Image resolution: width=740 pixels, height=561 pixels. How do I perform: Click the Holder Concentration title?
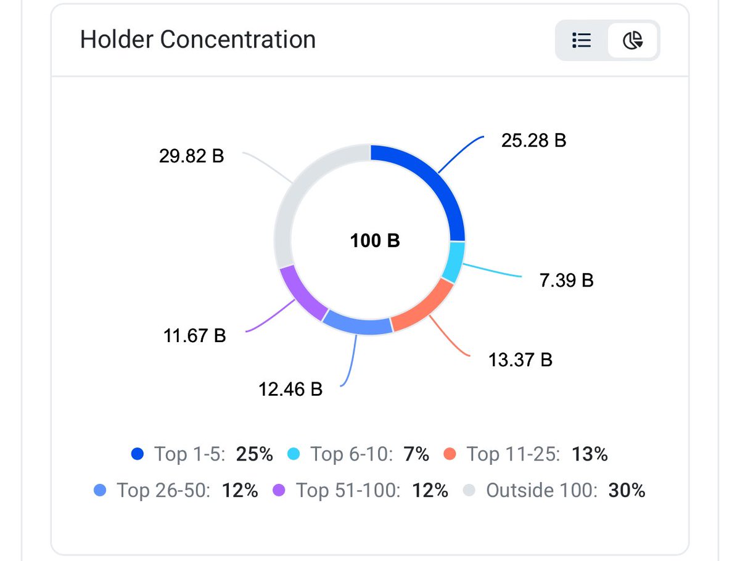(x=197, y=39)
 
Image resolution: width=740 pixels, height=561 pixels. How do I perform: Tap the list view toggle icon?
(x=582, y=40)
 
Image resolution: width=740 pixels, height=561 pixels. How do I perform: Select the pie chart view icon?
(x=633, y=40)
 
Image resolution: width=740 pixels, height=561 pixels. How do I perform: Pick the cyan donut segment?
(x=454, y=261)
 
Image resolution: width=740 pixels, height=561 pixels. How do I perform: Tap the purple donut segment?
(x=300, y=295)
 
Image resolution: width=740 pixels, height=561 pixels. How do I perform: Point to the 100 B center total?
(x=375, y=240)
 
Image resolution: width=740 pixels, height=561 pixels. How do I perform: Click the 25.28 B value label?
(x=533, y=141)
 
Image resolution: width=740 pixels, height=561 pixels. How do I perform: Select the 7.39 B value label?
(x=566, y=280)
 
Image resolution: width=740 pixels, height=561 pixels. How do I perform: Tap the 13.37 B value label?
(x=520, y=359)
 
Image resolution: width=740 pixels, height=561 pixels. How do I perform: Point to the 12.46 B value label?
(x=290, y=389)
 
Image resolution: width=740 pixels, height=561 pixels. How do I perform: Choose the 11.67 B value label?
(x=194, y=335)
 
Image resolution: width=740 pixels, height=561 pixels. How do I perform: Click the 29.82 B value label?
(x=192, y=156)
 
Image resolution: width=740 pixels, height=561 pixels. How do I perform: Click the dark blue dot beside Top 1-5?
(x=138, y=454)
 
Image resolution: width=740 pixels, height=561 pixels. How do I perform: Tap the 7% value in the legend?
(x=416, y=454)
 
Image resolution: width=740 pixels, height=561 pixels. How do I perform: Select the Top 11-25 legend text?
(x=513, y=454)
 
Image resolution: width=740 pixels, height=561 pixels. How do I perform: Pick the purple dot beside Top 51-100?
(x=279, y=490)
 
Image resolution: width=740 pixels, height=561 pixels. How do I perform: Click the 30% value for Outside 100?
(x=627, y=490)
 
